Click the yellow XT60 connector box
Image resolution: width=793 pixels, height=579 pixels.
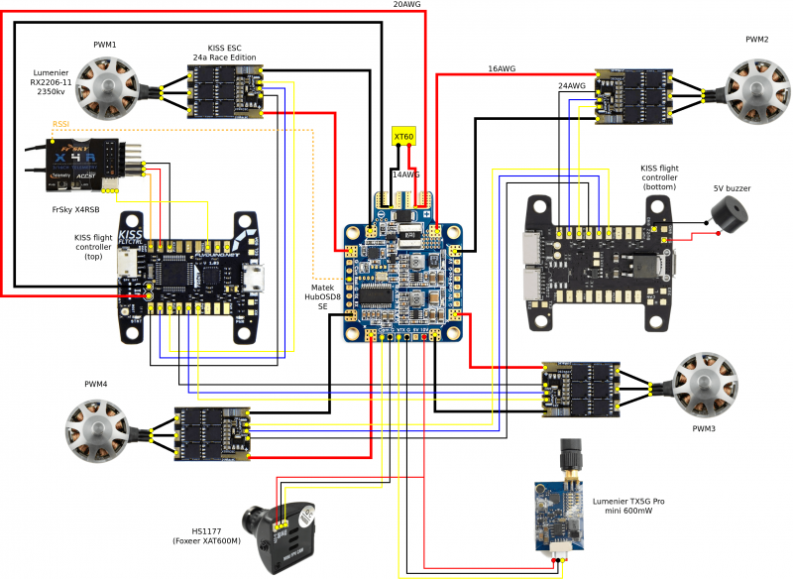403,136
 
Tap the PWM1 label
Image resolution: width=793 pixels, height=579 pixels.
105,45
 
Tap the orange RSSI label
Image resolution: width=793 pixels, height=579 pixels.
62,125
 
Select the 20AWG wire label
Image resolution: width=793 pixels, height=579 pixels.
407,5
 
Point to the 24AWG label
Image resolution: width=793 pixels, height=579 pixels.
572,86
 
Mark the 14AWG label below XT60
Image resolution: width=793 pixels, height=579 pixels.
406,174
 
